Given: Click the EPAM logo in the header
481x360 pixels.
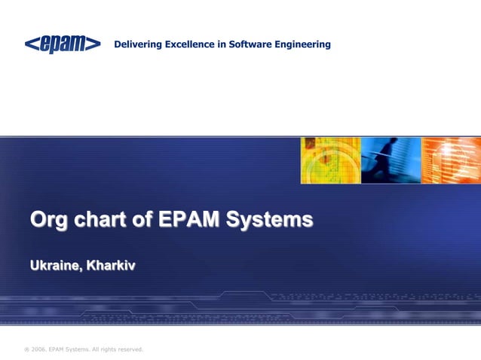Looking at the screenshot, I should point(63,44).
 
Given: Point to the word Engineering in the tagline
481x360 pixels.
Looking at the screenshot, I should point(305,45).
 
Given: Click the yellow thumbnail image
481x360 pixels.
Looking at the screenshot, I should point(330,160).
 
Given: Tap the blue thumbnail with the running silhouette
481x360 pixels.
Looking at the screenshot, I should point(390,160).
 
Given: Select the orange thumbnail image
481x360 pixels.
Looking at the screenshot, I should point(450,160).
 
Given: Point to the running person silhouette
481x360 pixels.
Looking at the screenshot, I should point(387,157).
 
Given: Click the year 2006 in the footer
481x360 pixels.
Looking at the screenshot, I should point(40,349).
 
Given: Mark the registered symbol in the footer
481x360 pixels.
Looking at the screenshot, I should point(26,349).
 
